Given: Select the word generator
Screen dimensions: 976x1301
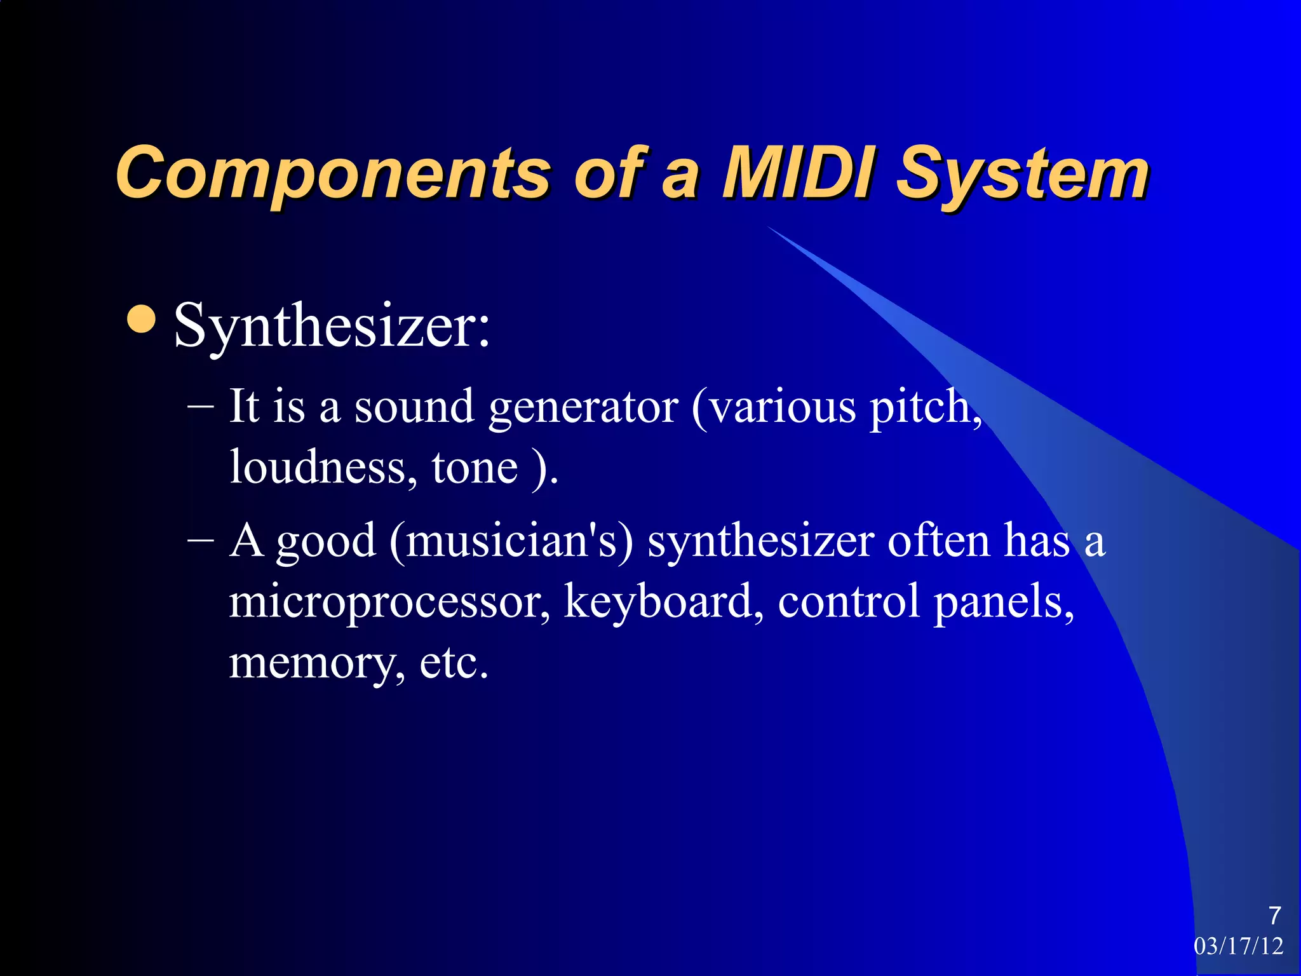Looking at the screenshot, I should (x=583, y=408).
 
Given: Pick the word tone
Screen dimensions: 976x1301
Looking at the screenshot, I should (x=475, y=468).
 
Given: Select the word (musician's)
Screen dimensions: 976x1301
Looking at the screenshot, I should (x=511, y=541).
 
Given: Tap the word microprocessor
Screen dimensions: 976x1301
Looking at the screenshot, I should (x=389, y=602).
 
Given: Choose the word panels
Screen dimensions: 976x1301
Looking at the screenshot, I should (x=1003, y=602).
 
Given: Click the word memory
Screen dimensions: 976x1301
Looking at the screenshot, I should (x=316, y=662).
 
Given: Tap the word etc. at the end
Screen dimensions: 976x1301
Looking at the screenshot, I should (x=454, y=662).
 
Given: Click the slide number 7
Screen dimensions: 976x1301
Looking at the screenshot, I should (x=1274, y=916).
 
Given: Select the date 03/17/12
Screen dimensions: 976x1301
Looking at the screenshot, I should (x=1238, y=946).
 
